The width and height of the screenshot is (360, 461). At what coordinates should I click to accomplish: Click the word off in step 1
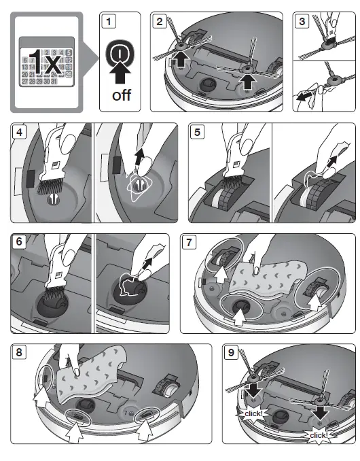122,95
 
